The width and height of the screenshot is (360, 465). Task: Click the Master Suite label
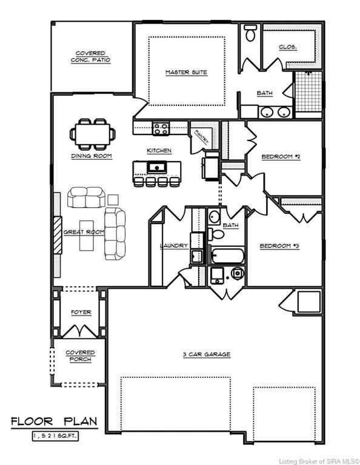[186, 73]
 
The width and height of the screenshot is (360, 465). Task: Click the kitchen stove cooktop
[161, 128]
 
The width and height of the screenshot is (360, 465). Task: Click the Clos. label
[287, 47]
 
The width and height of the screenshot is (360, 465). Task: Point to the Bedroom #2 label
[277, 157]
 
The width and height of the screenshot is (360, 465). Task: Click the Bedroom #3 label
[276, 246]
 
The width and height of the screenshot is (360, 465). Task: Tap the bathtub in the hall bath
[227, 256]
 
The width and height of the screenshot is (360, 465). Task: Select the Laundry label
[174, 246]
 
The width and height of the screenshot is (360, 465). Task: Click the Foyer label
[81, 312]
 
